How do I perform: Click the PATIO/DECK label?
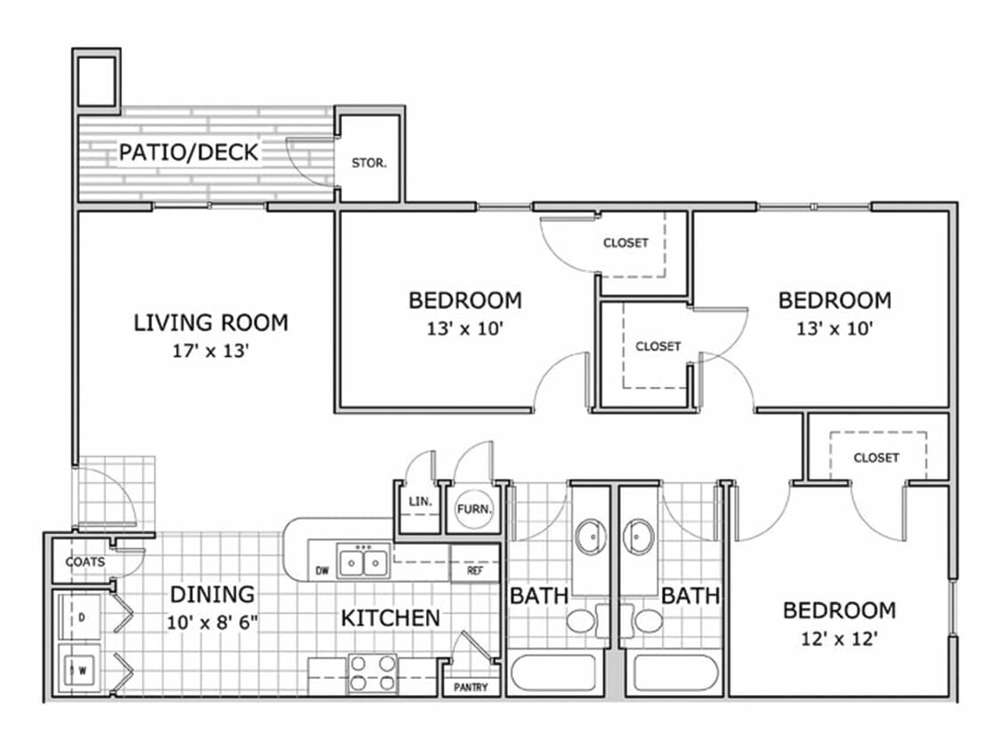click(189, 152)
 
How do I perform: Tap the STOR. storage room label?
click(368, 164)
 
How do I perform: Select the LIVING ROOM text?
click(211, 322)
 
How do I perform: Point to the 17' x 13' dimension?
click(209, 351)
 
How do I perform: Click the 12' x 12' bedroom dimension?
click(838, 639)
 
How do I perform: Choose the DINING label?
click(212, 594)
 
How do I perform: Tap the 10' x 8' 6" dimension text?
click(212, 621)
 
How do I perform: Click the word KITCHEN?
click(390, 618)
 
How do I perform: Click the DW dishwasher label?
click(322, 570)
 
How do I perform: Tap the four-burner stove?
click(372, 674)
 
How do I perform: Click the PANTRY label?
click(471, 688)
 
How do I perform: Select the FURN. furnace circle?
click(471, 510)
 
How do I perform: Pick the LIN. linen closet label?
click(419, 502)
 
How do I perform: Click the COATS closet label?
click(85, 561)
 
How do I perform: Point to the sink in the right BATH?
click(640, 537)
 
